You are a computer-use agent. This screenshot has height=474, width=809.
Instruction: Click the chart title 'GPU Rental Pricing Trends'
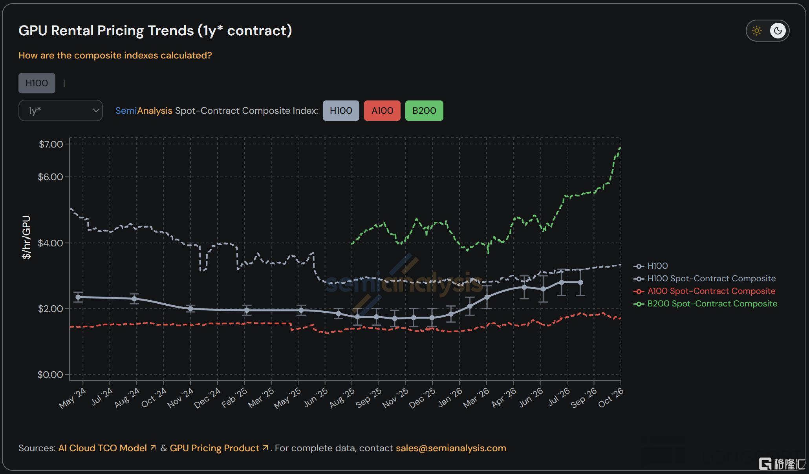click(x=106, y=31)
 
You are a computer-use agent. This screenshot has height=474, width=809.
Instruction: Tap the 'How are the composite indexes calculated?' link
click(x=115, y=55)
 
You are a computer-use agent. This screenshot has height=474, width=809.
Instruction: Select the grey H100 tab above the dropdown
click(x=37, y=83)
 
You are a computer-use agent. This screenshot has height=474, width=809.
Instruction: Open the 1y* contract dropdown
click(x=60, y=111)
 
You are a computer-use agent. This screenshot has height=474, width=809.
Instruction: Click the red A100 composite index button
click(x=382, y=111)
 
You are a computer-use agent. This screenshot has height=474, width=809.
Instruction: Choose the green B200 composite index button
click(x=424, y=111)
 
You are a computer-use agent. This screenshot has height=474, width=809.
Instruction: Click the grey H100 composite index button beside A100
click(x=341, y=111)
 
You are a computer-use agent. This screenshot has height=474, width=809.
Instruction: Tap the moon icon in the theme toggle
click(x=778, y=31)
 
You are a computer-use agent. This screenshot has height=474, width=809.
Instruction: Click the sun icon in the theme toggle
click(x=757, y=31)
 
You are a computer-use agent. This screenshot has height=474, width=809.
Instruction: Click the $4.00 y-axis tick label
click(x=51, y=243)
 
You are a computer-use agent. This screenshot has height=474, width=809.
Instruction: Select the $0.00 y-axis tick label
click(x=50, y=375)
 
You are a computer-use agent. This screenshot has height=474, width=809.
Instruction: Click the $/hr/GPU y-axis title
click(x=26, y=237)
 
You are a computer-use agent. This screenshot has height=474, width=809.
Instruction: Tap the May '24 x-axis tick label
click(x=73, y=398)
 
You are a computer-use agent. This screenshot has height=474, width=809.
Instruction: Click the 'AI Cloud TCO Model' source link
click(x=103, y=448)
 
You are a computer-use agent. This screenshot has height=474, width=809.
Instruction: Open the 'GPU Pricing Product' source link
click(x=215, y=448)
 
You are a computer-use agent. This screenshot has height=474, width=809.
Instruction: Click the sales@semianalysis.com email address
click(x=451, y=448)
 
